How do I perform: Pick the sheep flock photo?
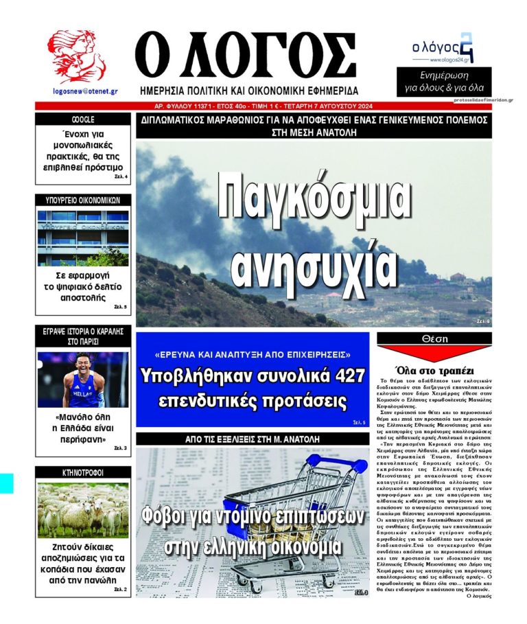pyautogui.click(x=82, y=509)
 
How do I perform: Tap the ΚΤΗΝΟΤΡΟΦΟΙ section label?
pyautogui.click(x=82, y=472)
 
